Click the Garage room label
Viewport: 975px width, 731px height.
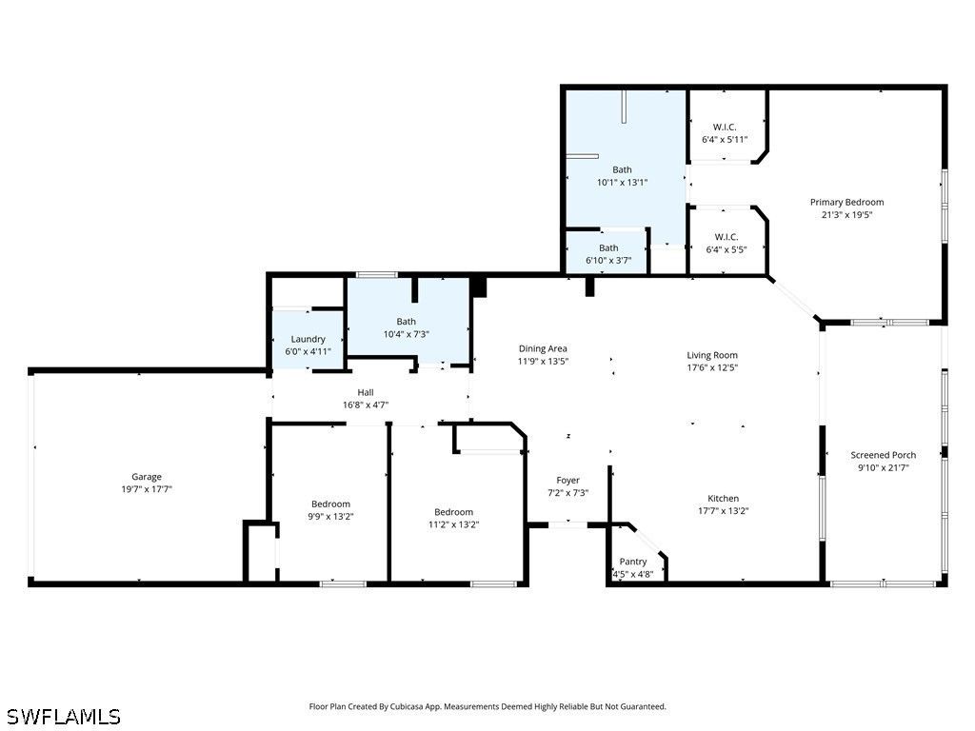pyautogui.click(x=146, y=477)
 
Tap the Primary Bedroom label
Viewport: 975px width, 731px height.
pyautogui.click(x=846, y=202)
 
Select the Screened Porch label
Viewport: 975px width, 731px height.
pyautogui.click(x=883, y=455)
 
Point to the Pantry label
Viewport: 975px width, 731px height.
pyautogui.click(x=633, y=562)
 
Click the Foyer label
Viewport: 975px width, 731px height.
pyautogui.click(x=567, y=481)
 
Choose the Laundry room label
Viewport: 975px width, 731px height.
pyautogui.click(x=308, y=340)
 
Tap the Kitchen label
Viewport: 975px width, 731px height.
pyautogui.click(x=724, y=499)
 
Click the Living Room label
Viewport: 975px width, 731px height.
pyautogui.click(x=712, y=355)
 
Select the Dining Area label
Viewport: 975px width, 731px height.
pyautogui.click(x=543, y=348)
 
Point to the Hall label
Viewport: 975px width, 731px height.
pyautogui.click(x=366, y=392)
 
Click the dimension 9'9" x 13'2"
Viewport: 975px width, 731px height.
pyautogui.click(x=330, y=517)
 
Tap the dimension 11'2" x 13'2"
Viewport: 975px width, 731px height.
pyautogui.click(x=453, y=524)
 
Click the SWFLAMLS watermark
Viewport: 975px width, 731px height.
pyautogui.click(x=60, y=717)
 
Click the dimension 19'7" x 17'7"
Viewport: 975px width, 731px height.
pyautogui.click(x=146, y=489)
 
